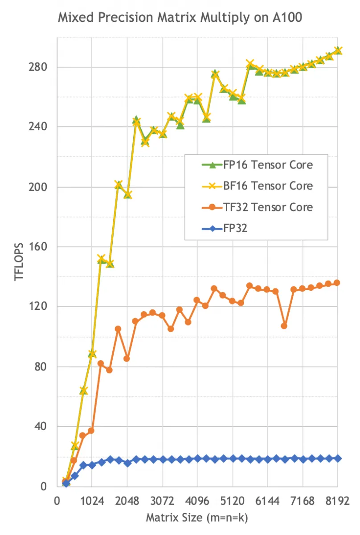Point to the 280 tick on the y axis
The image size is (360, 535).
pyautogui.click(x=39, y=67)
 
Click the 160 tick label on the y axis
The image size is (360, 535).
pyautogui.click(x=39, y=247)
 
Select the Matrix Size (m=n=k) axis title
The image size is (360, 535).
pyautogui.click(x=196, y=518)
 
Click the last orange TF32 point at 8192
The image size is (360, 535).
pyautogui.click(x=337, y=283)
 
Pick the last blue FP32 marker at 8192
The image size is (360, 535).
pyautogui.click(x=338, y=458)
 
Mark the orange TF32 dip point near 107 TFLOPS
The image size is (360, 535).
pyautogui.click(x=284, y=326)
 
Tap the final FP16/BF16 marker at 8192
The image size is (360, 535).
pyautogui.click(x=338, y=51)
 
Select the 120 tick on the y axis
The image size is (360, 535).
pyautogui.click(x=39, y=307)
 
